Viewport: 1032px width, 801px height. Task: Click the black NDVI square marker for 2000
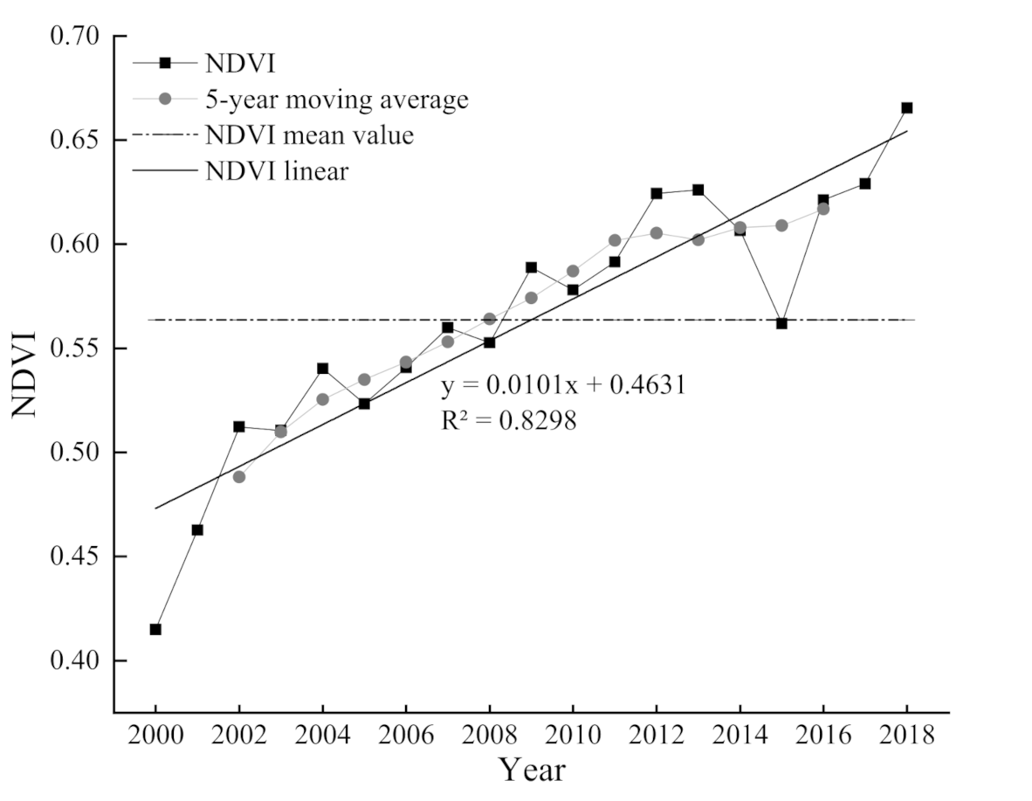point(155,629)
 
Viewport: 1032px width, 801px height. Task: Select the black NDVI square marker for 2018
point(906,107)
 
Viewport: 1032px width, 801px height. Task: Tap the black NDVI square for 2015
point(781,323)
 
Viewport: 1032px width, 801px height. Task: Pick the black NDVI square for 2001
point(197,529)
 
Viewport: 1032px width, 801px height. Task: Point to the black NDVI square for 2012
point(657,193)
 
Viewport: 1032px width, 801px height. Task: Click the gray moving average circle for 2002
point(239,477)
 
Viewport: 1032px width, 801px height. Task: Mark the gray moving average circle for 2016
point(823,209)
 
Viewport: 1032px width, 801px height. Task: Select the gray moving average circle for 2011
point(615,240)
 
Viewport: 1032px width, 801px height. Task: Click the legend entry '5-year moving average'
point(336,100)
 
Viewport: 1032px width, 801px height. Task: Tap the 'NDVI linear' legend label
point(277,171)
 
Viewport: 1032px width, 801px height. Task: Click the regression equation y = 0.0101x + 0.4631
point(563,385)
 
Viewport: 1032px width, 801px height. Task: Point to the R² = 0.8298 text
point(508,421)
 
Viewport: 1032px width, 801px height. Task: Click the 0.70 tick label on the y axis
point(76,36)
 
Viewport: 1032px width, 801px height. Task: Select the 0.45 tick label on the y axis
point(76,556)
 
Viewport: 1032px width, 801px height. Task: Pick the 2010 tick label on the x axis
point(573,736)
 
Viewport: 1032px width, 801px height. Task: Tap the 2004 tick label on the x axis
point(322,736)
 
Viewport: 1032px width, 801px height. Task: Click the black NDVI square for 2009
point(531,267)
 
